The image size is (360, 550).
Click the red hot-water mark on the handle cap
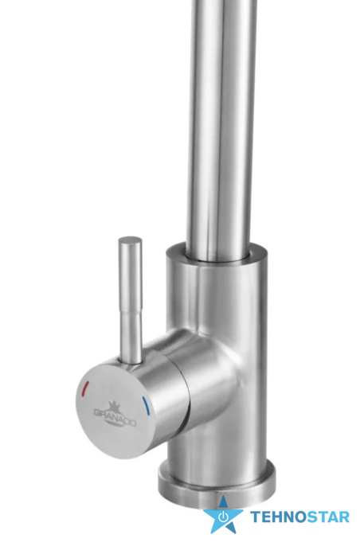tap(85, 388)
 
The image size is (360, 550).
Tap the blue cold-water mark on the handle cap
tap(145, 406)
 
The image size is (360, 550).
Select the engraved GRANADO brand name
tap(115, 418)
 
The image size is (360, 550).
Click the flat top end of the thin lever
tap(130, 240)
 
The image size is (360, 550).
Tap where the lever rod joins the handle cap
tap(131, 361)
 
